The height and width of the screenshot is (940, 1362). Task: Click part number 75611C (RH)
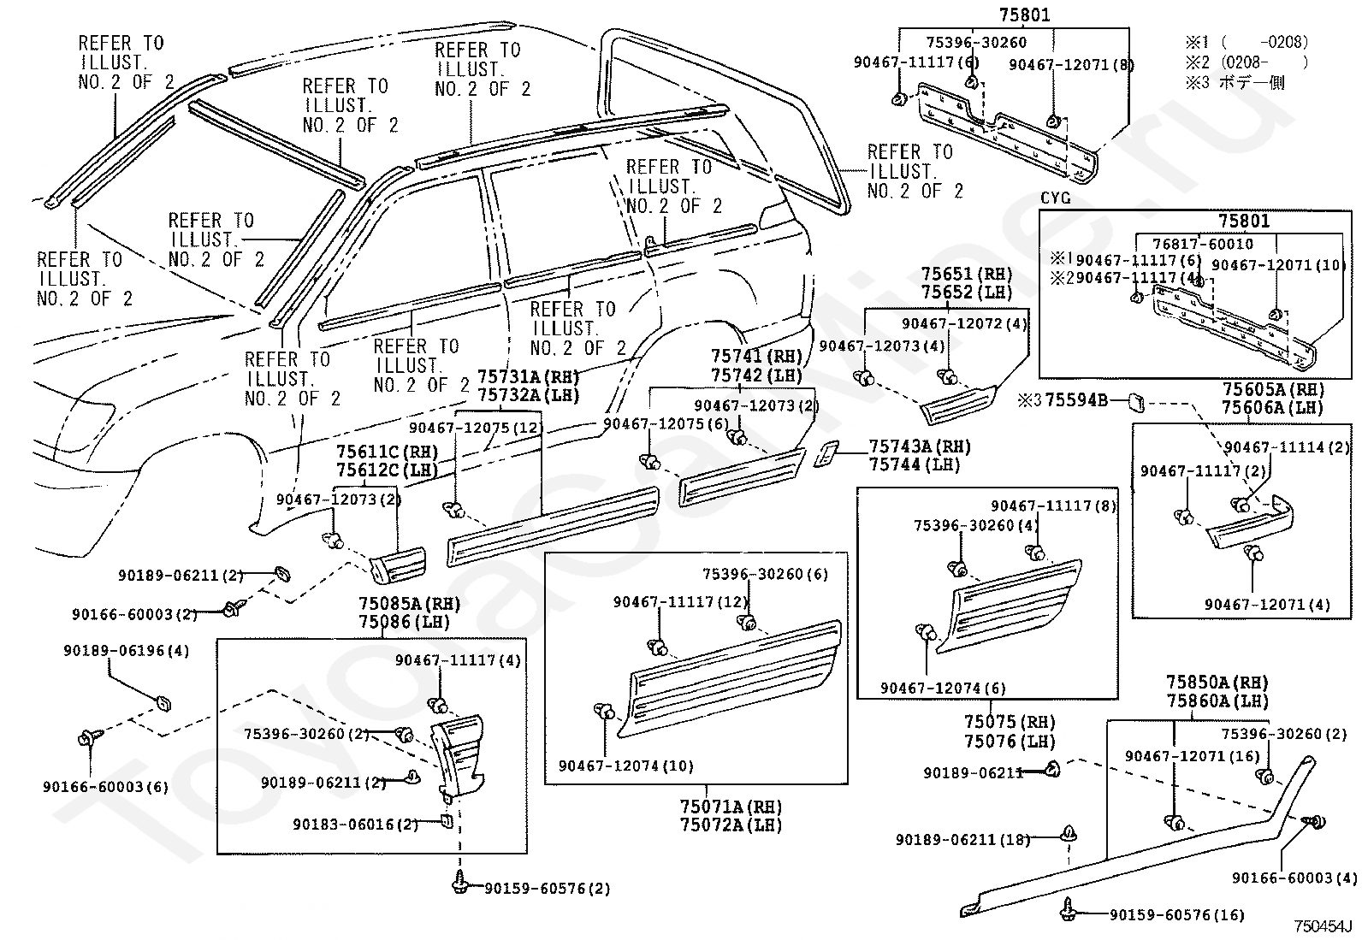click(x=388, y=452)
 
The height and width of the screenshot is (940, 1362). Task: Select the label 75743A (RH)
click(x=920, y=446)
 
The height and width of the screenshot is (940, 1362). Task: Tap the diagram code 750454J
click(x=1323, y=926)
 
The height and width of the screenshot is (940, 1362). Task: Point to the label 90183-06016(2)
click(x=356, y=824)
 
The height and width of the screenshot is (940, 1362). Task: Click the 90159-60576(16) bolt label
click(x=1176, y=914)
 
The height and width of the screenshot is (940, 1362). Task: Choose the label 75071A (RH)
click(x=731, y=807)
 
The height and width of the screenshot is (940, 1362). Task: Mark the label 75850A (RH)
click(x=1217, y=683)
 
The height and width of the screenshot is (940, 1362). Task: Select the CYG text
click(x=1056, y=198)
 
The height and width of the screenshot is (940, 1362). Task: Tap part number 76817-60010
click(x=1203, y=244)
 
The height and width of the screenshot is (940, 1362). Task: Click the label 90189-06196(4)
click(x=127, y=651)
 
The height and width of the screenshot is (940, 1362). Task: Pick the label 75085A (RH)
click(x=409, y=604)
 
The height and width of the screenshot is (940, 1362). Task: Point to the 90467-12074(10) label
click(x=626, y=766)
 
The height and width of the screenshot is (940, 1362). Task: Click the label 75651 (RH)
click(x=966, y=275)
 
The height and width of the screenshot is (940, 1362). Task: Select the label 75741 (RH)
click(x=757, y=357)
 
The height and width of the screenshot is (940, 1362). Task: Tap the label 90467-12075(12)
click(x=476, y=428)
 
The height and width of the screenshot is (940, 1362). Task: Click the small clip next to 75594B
click(x=1136, y=403)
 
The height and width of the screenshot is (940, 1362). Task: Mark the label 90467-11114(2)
click(x=1287, y=446)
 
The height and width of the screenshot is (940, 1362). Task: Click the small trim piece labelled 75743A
click(x=826, y=454)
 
